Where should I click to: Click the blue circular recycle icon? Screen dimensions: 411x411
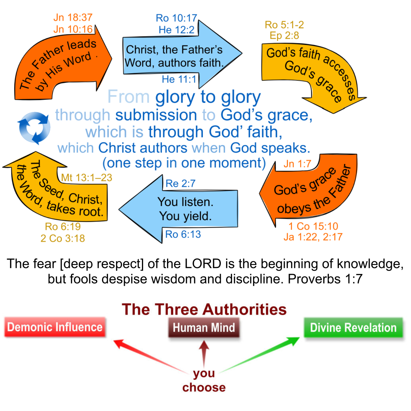pos(35,127)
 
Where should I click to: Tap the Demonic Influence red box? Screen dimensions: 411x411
pos(55,327)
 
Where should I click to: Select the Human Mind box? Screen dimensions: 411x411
pos(204,328)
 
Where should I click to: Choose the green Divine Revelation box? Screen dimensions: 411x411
pos(353,328)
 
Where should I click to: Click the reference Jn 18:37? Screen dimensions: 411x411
pos(73,18)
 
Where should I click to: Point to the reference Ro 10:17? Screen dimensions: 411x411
pos(177,18)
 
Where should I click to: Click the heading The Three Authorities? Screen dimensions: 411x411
pos(204,309)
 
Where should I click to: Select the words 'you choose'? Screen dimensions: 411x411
pos(204,380)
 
